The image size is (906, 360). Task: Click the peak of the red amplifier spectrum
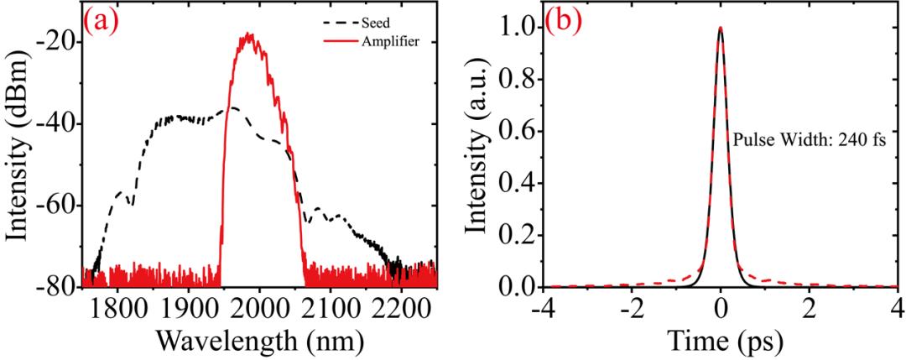pyautogui.click(x=249, y=34)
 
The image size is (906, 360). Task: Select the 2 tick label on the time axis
pyautogui.click(x=808, y=310)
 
